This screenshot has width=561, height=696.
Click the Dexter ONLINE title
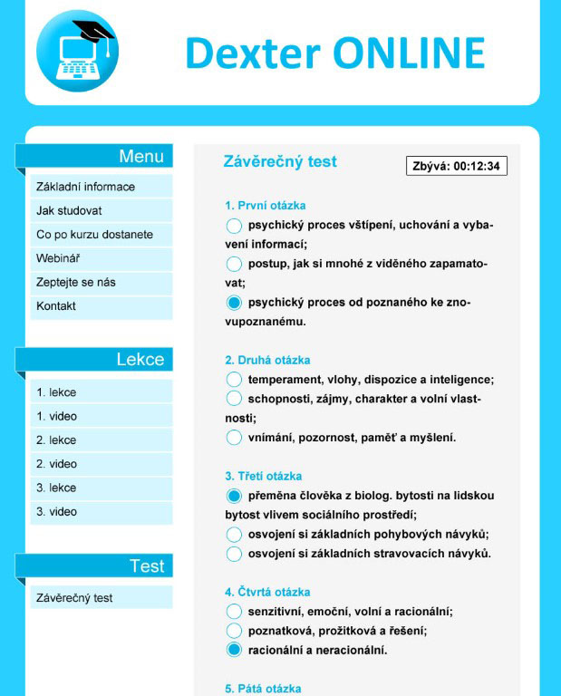334,53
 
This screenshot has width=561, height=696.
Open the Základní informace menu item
85,187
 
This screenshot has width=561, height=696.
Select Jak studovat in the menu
69,210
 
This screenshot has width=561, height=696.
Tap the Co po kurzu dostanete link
94,235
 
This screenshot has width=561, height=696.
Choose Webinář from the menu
58,258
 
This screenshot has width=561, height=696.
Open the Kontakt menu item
56,306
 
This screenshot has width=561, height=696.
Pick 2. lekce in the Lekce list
56,440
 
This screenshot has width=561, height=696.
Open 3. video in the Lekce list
56,512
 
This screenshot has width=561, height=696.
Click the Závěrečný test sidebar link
74,598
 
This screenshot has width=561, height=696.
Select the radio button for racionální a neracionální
234,650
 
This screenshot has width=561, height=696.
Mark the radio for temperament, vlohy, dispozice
234,380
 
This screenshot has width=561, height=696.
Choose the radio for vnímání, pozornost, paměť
234,438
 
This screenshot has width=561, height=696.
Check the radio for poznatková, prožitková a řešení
234,631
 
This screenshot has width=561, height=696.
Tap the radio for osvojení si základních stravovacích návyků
234,554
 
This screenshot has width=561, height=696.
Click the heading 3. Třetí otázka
264,476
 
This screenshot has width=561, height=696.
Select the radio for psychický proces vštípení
234,225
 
